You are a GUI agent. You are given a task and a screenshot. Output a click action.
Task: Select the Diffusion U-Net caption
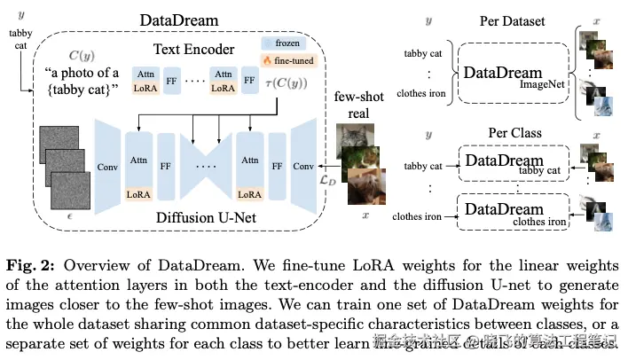click(x=195, y=215)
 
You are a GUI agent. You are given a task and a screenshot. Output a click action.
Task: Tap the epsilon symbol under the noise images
click(x=71, y=216)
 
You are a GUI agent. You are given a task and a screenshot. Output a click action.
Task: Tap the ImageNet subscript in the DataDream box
click(x=544, y=84)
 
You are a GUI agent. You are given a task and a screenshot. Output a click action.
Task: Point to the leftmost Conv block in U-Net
click(x=107, y=165)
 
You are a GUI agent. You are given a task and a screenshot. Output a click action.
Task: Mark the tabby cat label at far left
click(x=20, y=39)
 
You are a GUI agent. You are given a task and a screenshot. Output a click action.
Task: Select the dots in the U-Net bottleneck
click(x=204, y=165)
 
